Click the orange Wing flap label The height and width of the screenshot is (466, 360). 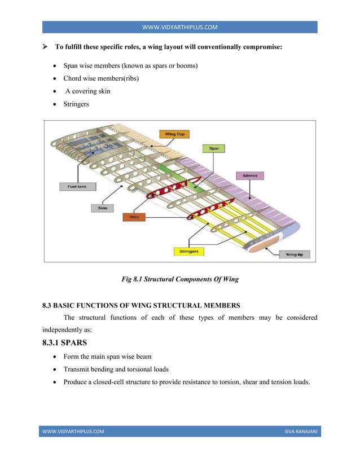[x=174, y=134]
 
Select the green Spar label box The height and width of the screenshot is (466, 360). [x=214, y=148]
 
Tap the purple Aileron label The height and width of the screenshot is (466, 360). [x=250, y=175]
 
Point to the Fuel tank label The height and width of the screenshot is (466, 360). [x=77, y=186]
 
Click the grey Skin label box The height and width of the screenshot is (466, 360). [x=103, y=208]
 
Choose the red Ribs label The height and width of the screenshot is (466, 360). [x=134, y=216]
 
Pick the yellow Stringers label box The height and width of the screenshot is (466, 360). [x=188, y=251]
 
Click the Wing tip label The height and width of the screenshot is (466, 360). [x=294, y=254]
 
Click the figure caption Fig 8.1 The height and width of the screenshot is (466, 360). [x=180, y=279]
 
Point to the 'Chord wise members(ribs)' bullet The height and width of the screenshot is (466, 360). [x=101, y=78]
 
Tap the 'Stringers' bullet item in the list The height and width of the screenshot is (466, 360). [x=76, y=104]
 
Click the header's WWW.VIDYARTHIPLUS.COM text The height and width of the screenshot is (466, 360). [x=179, y=27]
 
